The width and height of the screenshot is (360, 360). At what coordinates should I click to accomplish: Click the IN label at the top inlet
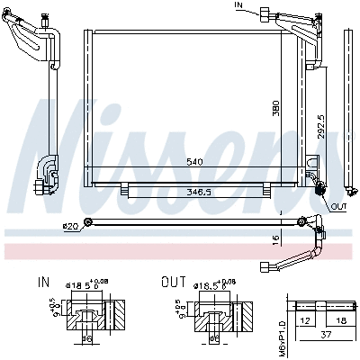(x=238, y=5)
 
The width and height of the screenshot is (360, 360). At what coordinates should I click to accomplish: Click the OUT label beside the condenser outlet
(x=338, y=206)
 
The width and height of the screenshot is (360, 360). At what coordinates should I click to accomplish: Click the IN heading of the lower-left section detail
(x=44, y=282)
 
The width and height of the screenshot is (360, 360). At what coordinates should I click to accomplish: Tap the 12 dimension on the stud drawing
(x=304, y=320)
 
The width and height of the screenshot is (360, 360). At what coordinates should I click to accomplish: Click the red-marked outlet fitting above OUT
(x=319, y=187)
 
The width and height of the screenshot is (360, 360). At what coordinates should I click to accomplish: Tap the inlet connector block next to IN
(x=265, y=13)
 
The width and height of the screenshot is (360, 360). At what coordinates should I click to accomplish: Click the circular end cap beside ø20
(x=88, y=223)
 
